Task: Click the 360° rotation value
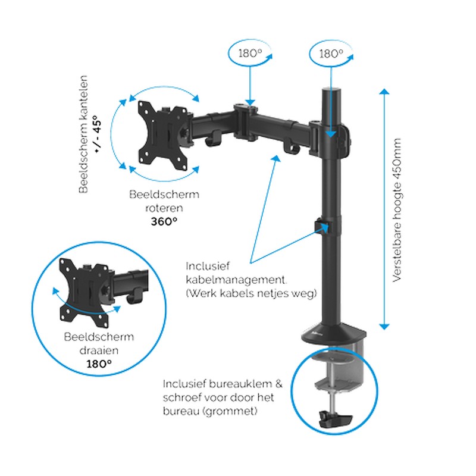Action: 163,221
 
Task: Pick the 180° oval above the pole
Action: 332,53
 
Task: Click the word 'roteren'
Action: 164,208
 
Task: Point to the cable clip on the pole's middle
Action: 322,227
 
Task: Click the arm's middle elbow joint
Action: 245,112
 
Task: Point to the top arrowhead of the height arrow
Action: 384,93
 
